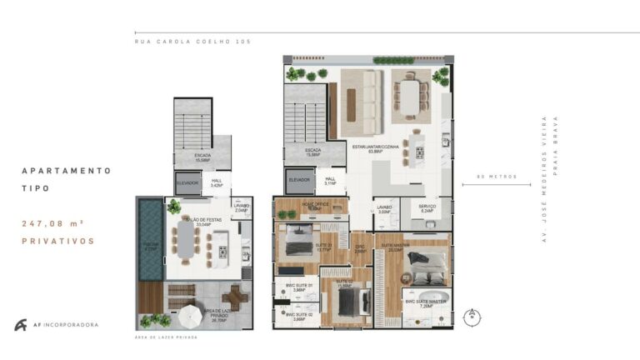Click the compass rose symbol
(472, 315)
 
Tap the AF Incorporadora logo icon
(20, 325)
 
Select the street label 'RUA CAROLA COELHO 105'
(192, 41)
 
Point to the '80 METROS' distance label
(497, 177)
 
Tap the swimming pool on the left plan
(149, 241)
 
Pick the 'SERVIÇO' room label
(427, 208)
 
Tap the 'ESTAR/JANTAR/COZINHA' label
(375, 147)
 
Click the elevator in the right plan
(299, 179)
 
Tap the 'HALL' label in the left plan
(216, 182)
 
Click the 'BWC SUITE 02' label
(299, 315)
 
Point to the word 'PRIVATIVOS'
(58, 242)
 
